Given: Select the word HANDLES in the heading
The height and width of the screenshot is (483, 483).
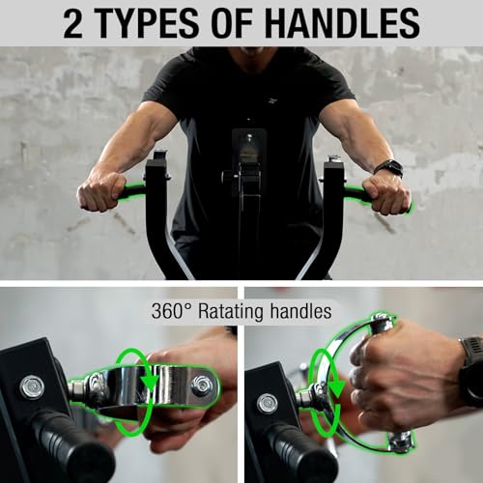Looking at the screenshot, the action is tap(343, 23).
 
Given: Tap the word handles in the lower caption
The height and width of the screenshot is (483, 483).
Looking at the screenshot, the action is tap(300, 311).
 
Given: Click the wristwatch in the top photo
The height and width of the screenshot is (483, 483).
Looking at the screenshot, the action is tap(389, 168).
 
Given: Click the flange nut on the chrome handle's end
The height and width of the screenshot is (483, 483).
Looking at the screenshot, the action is tap(201, 384).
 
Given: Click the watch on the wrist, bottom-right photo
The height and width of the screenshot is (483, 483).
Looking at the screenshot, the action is tap(471, 370).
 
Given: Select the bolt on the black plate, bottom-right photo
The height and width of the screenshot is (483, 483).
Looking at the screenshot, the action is tap(268, 404).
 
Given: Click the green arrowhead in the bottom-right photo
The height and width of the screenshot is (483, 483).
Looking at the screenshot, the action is tap(336, 388).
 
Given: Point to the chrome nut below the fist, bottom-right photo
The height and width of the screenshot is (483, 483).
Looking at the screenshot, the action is tap(400, 441).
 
